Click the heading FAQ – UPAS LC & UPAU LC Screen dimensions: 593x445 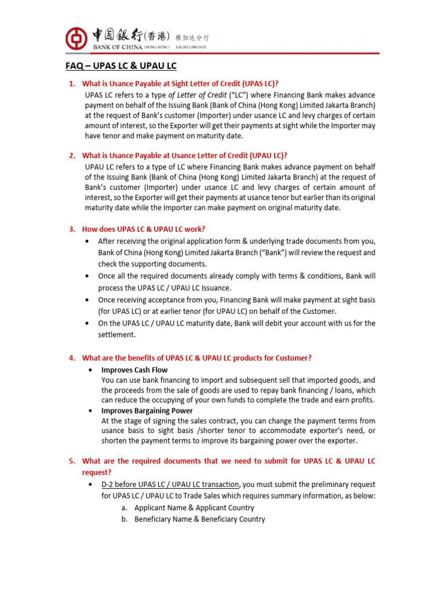pyautogui.click(x=120, y=66)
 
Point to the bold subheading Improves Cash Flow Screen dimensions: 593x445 pyautogui.click(x=134, y=369)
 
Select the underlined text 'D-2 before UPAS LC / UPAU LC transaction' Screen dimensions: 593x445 pyautogui.click(x=170, y=484)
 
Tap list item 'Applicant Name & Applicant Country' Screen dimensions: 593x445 pyautogui.click(x=194, y=507)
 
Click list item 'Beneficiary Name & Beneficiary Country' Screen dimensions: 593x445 pyautogui.click(x=199, y=519)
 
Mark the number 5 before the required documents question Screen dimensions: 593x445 pyautogui.click(x=72, y=461)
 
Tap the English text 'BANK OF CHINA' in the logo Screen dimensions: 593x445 pyautogui.click(x=113, y=46)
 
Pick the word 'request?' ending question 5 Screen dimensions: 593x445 pyautogui.click(x=97, y=473)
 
